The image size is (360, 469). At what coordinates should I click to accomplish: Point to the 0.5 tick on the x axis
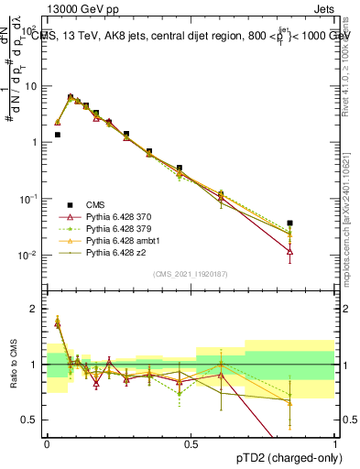point(191,442)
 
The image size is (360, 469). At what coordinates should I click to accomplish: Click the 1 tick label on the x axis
point(335,442)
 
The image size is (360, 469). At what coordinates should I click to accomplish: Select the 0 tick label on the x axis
point(47,442)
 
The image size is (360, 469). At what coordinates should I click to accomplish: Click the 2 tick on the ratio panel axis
point(37,309)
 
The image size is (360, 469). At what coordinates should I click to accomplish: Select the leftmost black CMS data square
point(57,135)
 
